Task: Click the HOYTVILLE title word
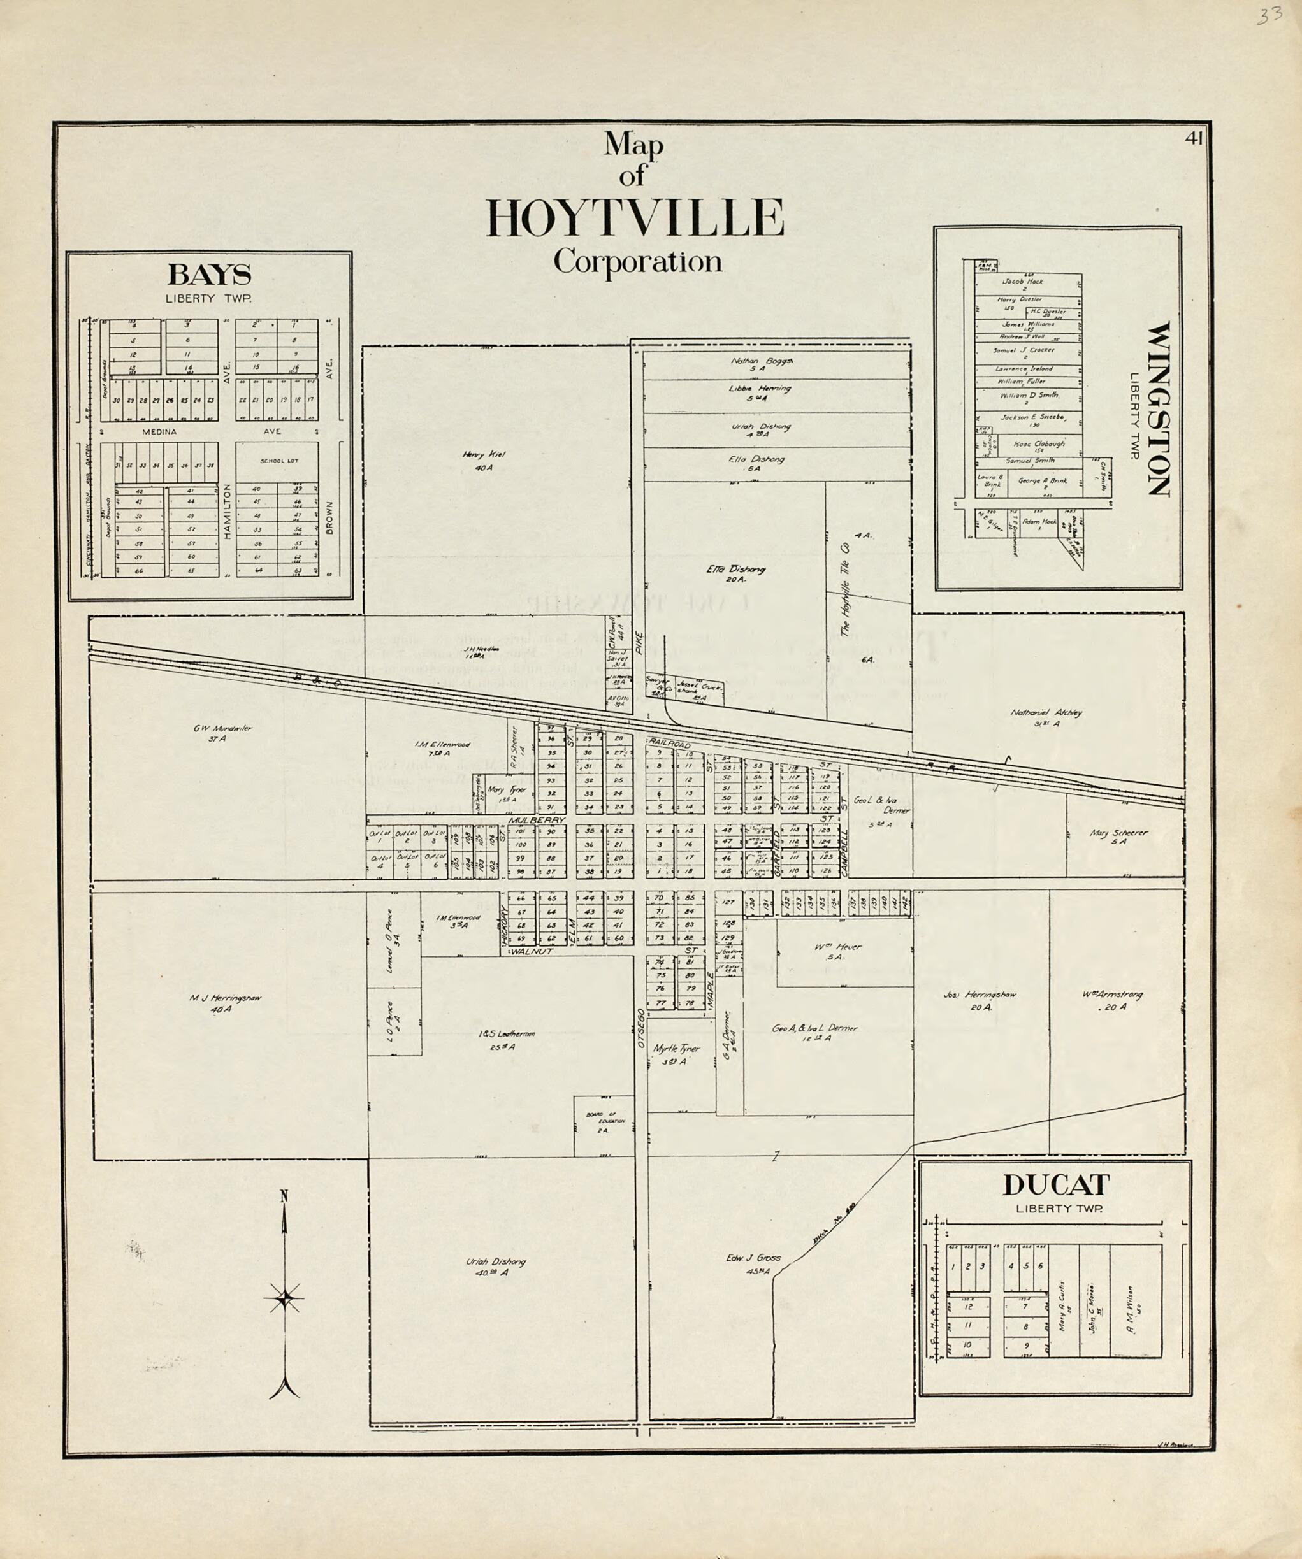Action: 635,217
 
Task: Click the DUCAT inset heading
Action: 1056,1185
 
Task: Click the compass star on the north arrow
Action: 284,1298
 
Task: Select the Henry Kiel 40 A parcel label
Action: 477,460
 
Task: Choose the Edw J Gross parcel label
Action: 754,1263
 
